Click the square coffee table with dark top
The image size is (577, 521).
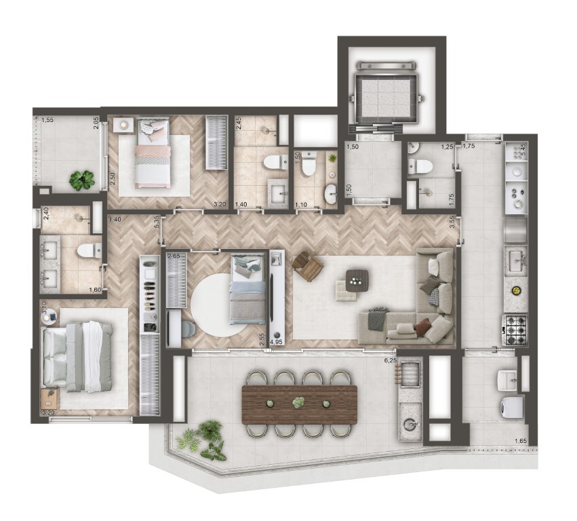pyautogui.click(x=356, y=277)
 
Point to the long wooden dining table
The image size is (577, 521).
pyautogui.click(x=299, y=404)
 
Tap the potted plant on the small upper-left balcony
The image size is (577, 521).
pyautogui.click(x=82, y=180)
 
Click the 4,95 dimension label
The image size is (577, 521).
pyautogui.click(x=277, y=343)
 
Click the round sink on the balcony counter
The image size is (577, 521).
pyautogui.click(x=410, y=425)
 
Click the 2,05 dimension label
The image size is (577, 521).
pyautogui.click(x=96, y=123)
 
